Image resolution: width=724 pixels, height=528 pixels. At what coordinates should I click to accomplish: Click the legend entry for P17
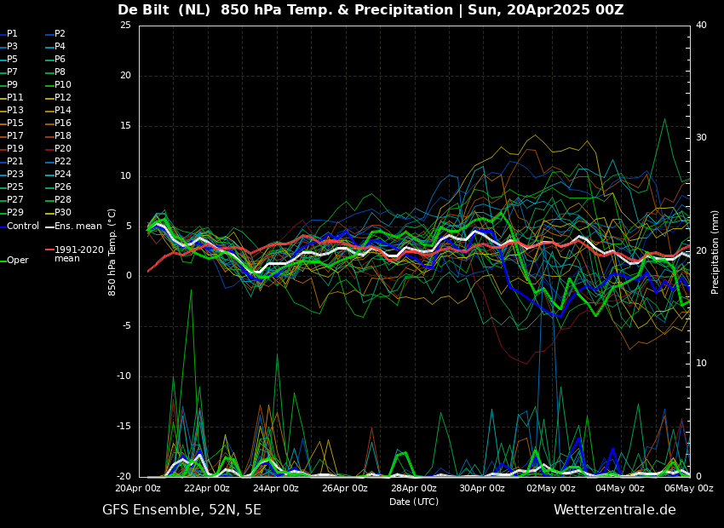[12, 135]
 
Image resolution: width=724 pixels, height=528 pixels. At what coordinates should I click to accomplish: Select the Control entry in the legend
[20, 227]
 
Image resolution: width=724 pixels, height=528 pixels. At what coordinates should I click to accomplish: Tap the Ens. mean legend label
[74, 227]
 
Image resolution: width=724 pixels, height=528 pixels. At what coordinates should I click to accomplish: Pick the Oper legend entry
[14, 261]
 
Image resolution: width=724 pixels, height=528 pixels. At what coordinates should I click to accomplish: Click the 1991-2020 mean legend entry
[75, 254]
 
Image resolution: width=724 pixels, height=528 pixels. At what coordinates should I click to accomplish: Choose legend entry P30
[58, 212]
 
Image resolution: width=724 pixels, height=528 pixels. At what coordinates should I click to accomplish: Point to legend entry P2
[55, 34]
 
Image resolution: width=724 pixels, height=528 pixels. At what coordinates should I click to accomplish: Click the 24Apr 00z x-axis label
[276, 488]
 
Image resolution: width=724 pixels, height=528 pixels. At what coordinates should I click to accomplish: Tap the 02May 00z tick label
[552, 488]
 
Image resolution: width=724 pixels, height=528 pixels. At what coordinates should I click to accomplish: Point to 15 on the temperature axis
[125, 126]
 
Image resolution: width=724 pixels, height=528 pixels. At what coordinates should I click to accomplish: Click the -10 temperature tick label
[124, 376]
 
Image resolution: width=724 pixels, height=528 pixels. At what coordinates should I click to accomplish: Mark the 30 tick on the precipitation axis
[701, 138]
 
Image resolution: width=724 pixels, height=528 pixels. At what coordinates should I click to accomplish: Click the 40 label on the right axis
[701, 25]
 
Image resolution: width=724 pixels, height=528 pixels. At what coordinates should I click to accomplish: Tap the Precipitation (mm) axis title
[715, 251]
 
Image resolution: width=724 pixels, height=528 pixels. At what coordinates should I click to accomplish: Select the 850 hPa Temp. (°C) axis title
[112, 252]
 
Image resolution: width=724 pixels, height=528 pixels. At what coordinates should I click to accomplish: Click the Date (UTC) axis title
[414, 502]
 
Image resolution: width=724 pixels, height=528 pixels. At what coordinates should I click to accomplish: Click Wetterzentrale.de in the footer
[615, 510]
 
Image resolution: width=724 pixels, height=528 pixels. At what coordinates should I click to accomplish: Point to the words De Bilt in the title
[144, 10]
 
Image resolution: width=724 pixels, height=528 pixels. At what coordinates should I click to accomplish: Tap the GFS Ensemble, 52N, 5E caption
[181, 510]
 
